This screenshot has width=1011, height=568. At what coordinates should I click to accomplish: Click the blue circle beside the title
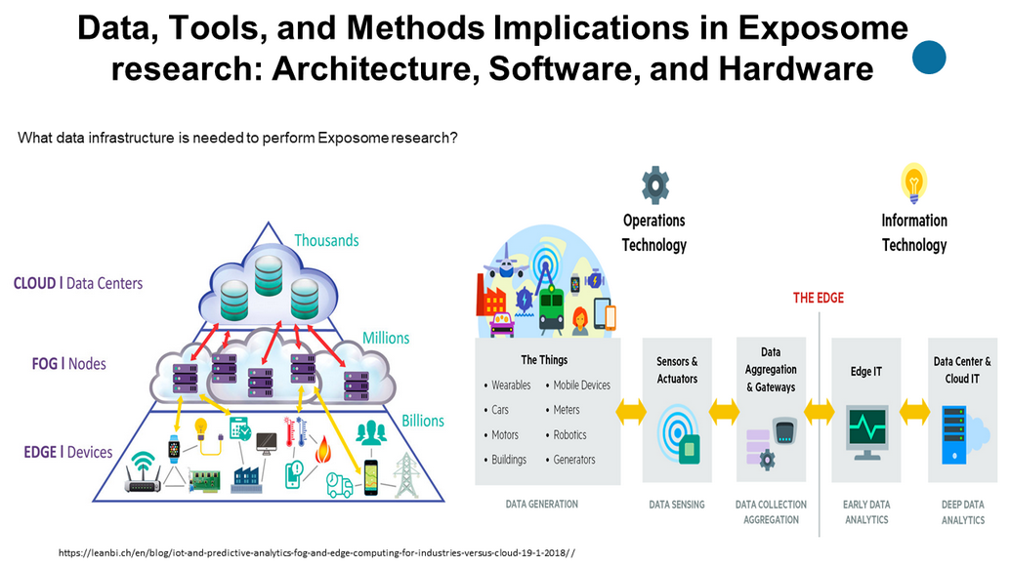click(929, 58)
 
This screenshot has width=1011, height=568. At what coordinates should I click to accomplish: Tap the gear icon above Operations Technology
click(653, 183)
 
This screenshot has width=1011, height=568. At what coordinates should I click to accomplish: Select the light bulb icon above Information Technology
click(913, 183)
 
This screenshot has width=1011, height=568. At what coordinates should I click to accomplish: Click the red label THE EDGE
click(818, 298)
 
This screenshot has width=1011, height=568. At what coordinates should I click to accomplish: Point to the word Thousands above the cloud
click(326, 240)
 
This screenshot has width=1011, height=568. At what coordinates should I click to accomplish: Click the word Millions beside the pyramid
click(386, 338)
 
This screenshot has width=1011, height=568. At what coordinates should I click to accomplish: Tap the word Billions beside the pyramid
click(422, 421)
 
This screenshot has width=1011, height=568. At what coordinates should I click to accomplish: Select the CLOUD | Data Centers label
click(77, 283)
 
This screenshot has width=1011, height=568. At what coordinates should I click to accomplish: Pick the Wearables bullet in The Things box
click(511, 385)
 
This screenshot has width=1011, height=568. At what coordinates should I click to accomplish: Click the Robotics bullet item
click(571, 434)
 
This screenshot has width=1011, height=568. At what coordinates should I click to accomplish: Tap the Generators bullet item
click(574, 460)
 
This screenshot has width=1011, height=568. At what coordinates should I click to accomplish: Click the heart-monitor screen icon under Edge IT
click(865, 428)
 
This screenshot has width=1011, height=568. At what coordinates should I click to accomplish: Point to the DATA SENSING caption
click(675, 505)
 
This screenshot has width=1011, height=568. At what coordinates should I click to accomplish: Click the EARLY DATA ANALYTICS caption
click(865, 512)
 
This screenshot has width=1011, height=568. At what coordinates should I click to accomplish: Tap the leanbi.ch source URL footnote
click(316, 552)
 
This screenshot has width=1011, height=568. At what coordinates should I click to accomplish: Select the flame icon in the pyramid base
click(321, 450)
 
